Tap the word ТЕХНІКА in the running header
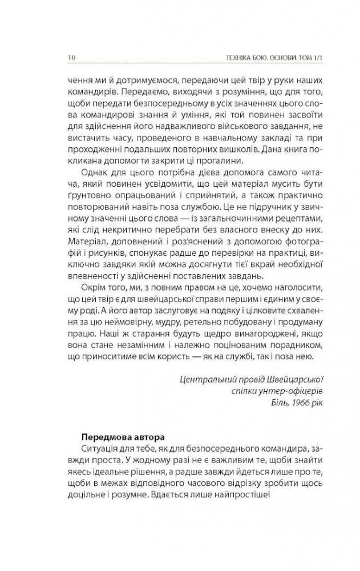(x=225, y=57)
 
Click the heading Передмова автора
(x=116, y=431)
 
